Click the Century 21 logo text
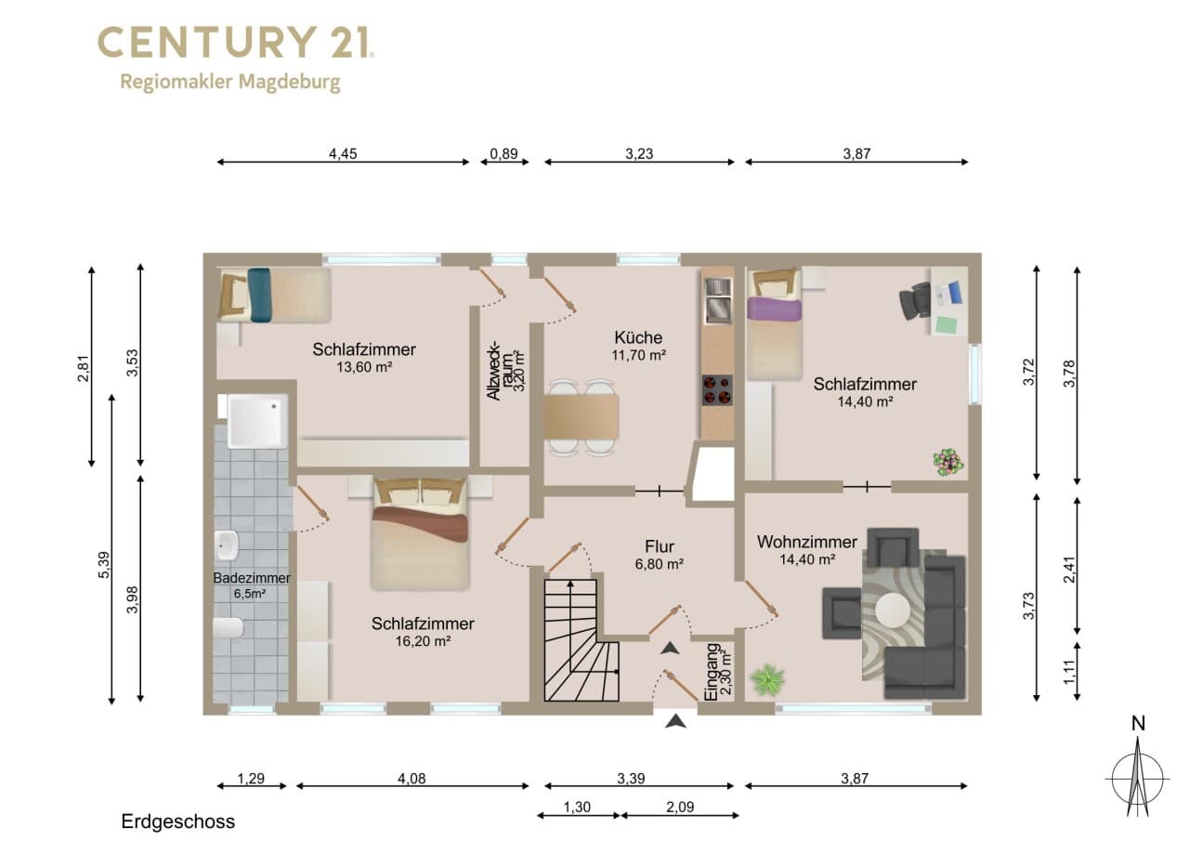point(236,43)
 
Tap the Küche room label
point(638,337)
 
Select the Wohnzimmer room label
point(807,542)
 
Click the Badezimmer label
point(252,578)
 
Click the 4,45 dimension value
point(343,154)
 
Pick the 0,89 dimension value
point(503,154)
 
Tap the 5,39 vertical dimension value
point(105,565)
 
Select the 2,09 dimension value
point(680,807)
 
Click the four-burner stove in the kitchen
point(717,390)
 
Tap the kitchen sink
point(718,300)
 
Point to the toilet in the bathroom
point(229,628)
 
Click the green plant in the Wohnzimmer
point(767,679)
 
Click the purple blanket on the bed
point(774,309)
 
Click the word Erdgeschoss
point(177,821)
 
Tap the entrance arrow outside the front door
point(675,721)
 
